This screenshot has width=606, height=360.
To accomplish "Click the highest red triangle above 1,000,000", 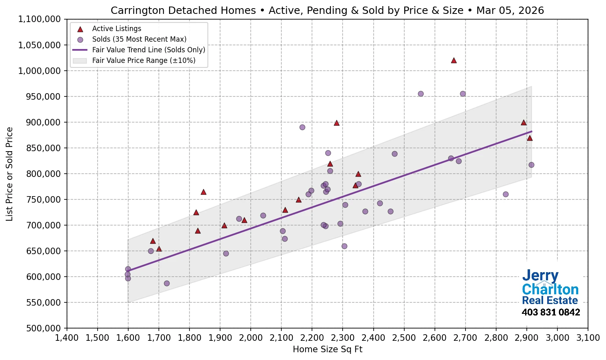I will (x=454, y=60).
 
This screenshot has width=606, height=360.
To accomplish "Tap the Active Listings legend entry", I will (x=116, y=29).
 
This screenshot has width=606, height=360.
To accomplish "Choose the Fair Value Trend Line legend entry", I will (x=148, y=50).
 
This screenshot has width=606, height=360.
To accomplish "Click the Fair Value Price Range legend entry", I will (x=143, y=60).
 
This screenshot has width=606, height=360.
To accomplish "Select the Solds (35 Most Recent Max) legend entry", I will (x=139, y=39).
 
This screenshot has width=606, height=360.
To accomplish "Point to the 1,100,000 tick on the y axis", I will (x=39, y=19).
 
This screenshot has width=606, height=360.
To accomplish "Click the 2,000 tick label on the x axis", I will (x=251, y=338).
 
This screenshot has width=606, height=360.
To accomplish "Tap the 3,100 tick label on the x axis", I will (x=588, y=338).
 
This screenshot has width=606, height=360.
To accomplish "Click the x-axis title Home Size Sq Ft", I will (x=328, y=349).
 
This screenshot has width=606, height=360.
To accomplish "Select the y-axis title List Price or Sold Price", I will (x=9, y=174).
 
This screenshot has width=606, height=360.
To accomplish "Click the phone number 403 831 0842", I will (x=550, y=312).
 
